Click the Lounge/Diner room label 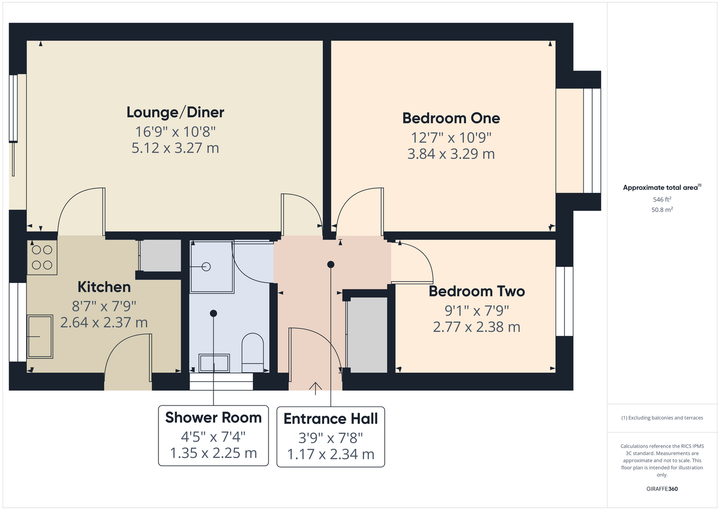175,112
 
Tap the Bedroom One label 451,118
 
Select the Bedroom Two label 476,291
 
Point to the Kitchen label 104,287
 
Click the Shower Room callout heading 214,417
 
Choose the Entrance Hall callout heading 331,419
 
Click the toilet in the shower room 253,353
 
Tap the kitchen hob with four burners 42,258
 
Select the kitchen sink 40,337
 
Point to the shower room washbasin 214,363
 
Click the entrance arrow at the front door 315,389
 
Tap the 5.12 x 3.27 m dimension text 175,148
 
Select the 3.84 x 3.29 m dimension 451,154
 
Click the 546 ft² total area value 662,199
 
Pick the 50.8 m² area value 662,210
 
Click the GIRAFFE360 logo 662,489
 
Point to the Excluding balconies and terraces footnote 662,418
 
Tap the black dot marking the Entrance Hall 331,265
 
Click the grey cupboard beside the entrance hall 367,335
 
